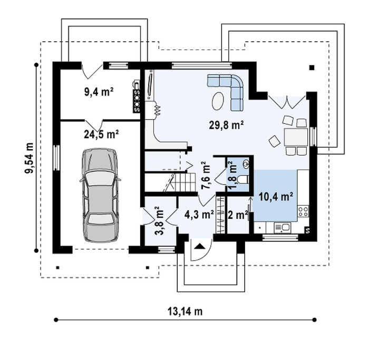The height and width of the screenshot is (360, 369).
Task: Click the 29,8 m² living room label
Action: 226,125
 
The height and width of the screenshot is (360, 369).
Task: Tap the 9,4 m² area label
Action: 99,92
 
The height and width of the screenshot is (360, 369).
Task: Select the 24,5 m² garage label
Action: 101,134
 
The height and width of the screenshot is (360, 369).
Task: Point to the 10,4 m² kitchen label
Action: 276,197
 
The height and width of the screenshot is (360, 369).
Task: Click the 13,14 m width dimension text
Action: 185,312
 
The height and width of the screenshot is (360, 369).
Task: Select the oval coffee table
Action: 218,101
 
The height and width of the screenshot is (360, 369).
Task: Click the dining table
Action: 296,137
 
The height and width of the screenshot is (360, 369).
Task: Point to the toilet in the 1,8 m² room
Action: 242,180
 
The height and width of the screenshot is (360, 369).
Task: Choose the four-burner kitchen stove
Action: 303,211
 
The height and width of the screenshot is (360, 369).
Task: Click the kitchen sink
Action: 282,227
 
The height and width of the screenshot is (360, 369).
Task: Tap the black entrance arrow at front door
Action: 200,246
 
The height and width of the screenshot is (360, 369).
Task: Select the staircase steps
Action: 185,182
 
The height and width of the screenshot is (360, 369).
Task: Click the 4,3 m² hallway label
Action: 199,215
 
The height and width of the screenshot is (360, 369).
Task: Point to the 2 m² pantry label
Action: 238,215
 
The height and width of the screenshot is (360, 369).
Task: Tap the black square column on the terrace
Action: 312,68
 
